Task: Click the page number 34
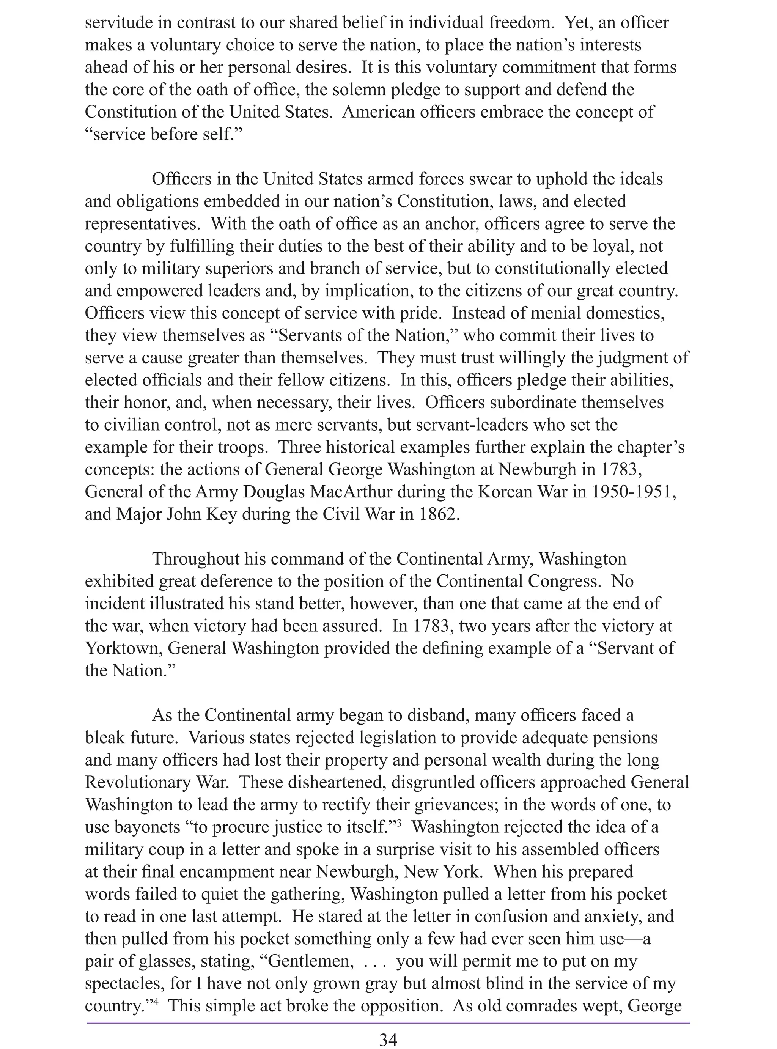(388, 1036)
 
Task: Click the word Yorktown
(123, 648)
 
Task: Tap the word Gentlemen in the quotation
(310, 961)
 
